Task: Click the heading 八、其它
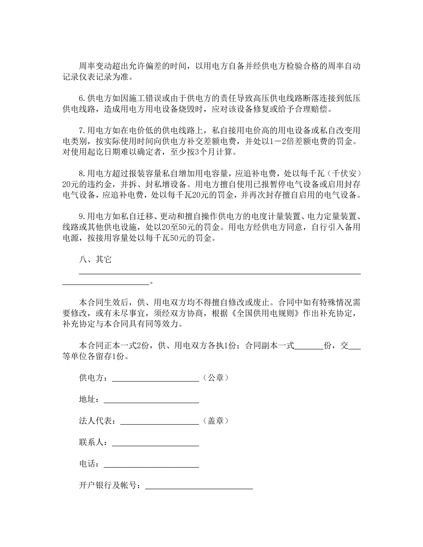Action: pyautogui.click(x=95, y=259)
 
